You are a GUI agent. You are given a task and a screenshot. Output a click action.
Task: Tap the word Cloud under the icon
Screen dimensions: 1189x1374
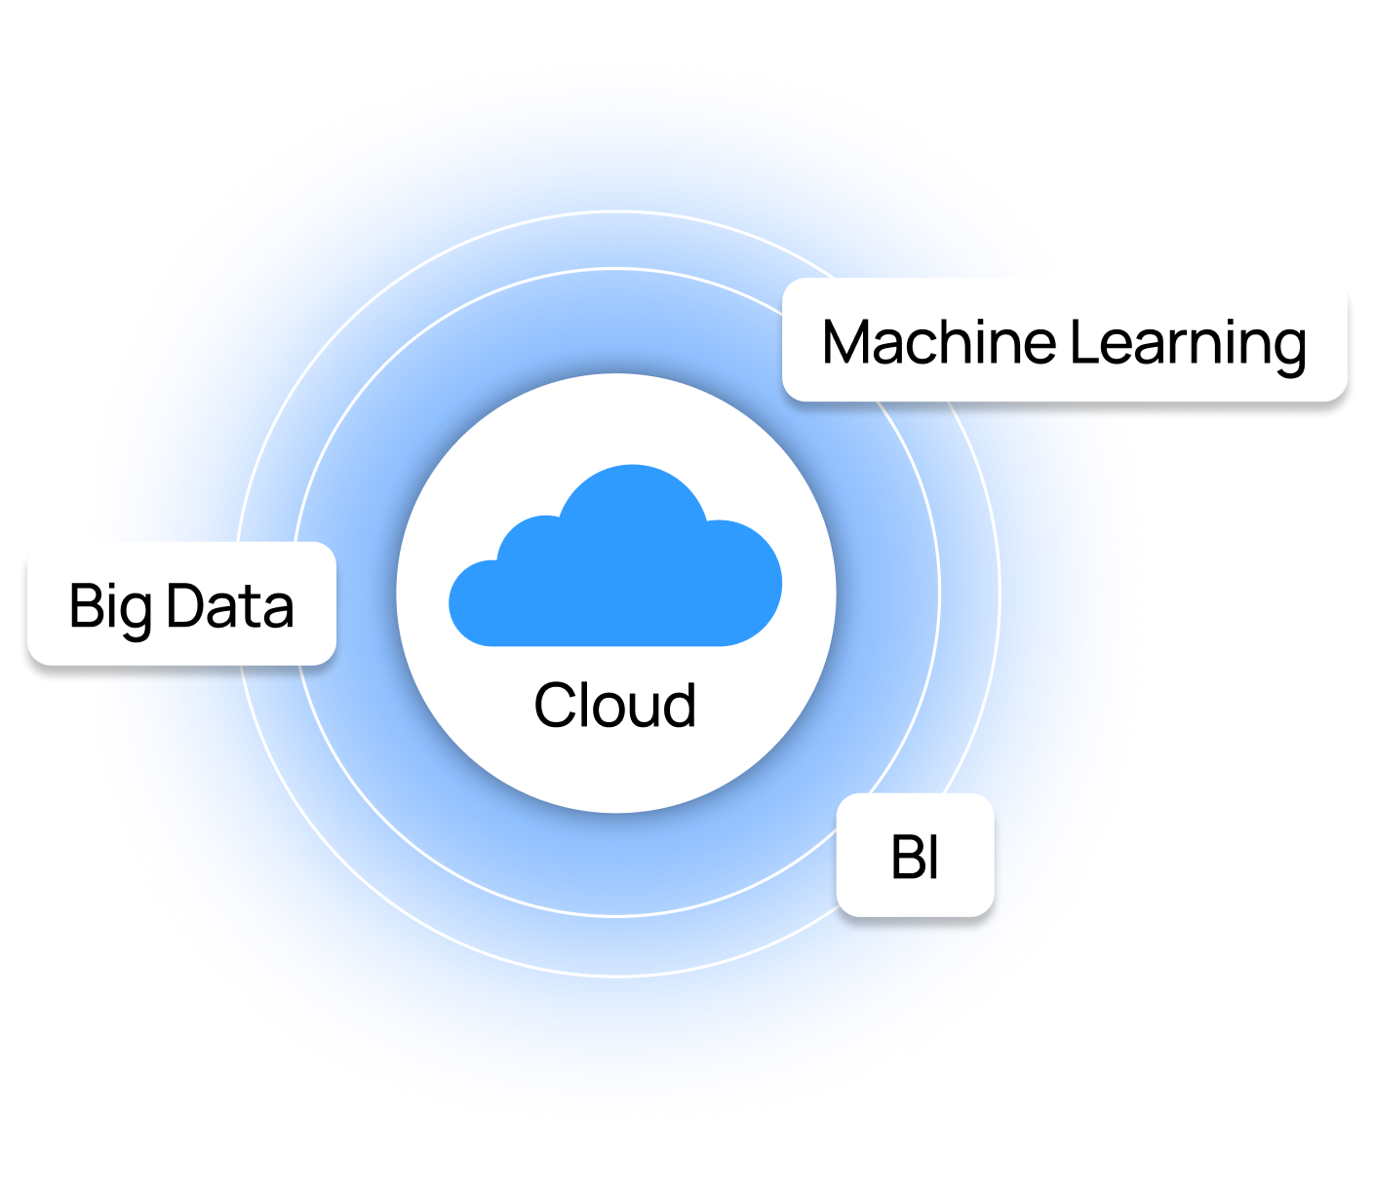click(615, 706)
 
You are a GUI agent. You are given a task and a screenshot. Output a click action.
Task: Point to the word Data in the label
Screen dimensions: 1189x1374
click(230, 605)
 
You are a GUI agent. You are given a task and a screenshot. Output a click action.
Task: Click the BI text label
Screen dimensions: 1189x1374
click(915, 859)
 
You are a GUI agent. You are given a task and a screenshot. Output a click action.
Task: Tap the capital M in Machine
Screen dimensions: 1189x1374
click(847, 342)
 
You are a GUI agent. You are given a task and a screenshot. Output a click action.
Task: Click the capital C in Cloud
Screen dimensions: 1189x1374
click(557, 706)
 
